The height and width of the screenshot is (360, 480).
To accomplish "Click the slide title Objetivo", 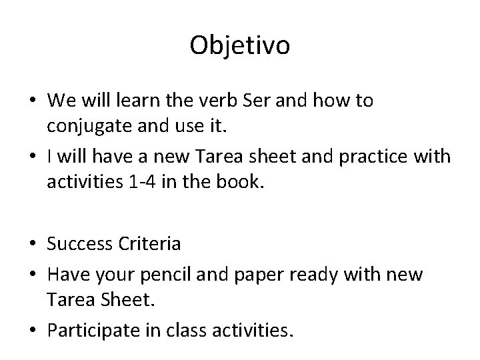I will (x=239, y=46).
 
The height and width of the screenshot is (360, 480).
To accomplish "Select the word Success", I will (x=80, y=243).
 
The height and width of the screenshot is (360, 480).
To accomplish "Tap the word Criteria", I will (x=151, y=243).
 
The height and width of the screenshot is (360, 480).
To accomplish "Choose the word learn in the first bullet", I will (x=138, y=101).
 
